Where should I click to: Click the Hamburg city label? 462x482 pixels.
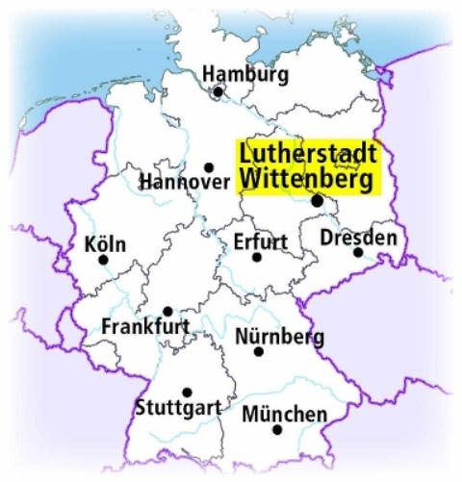point(245,74)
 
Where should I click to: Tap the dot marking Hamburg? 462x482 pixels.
point(218,92)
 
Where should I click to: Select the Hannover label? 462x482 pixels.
point(184,182)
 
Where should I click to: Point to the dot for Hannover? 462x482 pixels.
point(208,167)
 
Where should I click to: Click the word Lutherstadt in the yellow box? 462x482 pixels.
point(307,154)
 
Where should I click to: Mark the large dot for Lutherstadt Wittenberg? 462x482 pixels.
point(317,201)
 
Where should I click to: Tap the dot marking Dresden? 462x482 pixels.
point(357,253)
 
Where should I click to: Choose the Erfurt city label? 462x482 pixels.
point(260,241)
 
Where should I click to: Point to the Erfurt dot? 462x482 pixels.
point(257,257)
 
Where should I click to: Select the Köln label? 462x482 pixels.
point(105,241)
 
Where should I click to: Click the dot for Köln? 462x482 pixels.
point(103,259)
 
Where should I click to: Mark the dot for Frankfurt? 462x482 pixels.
point(167,311)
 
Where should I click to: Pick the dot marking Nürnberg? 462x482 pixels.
point(258,352)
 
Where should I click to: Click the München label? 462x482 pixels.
point(284,414)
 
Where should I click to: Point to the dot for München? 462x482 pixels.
point(277,430)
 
